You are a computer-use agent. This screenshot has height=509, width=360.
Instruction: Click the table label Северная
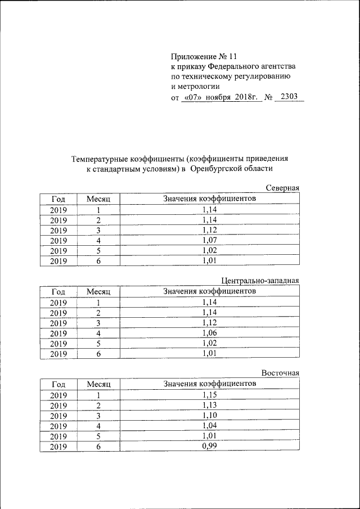(x=282, y=188)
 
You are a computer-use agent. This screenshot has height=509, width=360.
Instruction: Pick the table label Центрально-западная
(x=260, y=281)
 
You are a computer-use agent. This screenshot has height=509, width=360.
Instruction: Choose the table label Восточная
(x=280, y=373)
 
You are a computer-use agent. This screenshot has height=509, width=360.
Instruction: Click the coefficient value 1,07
(x=209, y=240)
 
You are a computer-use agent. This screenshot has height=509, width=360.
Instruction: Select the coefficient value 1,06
(x=209, y=333)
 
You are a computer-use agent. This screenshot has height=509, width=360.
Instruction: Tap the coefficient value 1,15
(x=209, y=395)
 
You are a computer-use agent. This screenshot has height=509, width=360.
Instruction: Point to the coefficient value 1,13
(x=209, y=406)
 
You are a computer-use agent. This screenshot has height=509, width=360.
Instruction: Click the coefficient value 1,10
(x=209, y=416)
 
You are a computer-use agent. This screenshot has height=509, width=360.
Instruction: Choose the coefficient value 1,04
(x=209, y=426)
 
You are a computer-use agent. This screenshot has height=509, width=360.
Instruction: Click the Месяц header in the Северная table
(x=98, y=199)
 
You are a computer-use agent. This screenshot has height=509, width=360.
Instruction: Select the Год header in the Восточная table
(x=58, y=385)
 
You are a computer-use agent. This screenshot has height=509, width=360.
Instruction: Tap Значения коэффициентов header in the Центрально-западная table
(x=209, y=291)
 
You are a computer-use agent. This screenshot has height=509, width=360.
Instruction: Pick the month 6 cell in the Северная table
(x=98, y=260)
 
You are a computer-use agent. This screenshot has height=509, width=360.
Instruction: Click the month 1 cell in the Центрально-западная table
(x=98, y=303)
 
